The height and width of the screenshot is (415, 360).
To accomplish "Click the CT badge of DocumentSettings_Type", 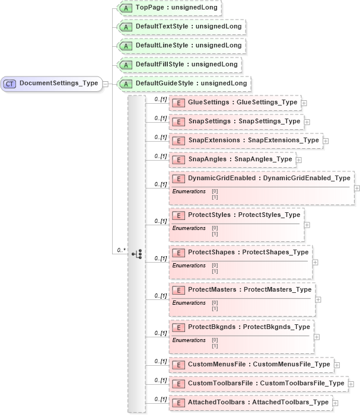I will pyautogui.click(x=10, y=84).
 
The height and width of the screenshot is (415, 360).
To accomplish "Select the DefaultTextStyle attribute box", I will pyautogui.click(x=181, y=27).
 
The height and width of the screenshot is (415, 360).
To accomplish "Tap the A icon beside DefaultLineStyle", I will pyautogui.click(x=126, y=46).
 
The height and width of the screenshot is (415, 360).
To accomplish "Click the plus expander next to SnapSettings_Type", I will pyautogui.click(x=307, y=122).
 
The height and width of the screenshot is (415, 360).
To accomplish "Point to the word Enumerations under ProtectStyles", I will pyautogui.click(x=189, y=228).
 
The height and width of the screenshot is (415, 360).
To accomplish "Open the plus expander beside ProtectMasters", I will pyautogui.click(x=318, y=299).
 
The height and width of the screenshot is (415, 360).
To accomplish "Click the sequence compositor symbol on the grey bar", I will pyautogui.click(x=137, y=253).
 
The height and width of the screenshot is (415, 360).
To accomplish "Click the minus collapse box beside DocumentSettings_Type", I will pyautogui.click(x=105, y=84).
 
